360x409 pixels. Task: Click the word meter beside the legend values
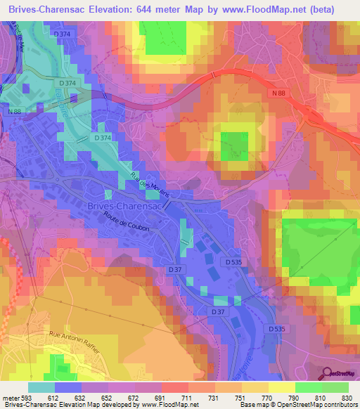[x=11, y=397]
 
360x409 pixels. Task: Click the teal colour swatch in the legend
[x=41, y=387]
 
